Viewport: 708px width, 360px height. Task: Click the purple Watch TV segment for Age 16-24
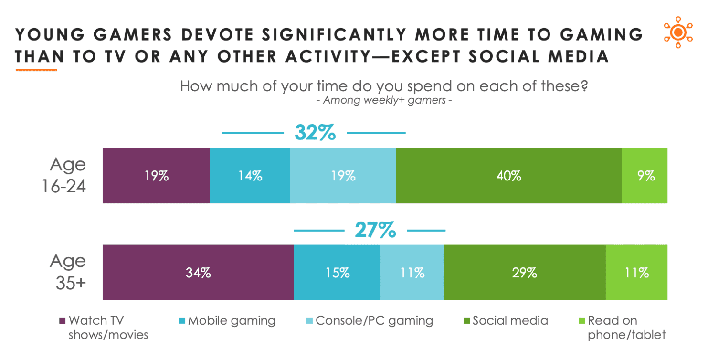(156, 176)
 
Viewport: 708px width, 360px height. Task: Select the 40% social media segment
(508, 176)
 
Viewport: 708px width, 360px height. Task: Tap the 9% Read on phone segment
(645, 176)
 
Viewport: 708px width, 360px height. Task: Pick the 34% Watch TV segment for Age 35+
(198, 273)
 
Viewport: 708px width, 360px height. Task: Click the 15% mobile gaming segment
(337, 273)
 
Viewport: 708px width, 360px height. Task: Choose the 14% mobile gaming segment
(250, 176)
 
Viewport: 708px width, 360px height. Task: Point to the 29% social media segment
(524, 273)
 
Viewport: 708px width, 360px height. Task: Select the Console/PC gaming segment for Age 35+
(412, 273)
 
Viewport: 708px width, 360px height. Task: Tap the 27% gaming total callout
(375, 231)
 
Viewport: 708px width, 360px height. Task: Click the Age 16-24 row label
(68, 175)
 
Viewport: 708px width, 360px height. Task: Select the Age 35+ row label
(68, 272)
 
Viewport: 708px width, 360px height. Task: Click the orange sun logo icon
(677, 33)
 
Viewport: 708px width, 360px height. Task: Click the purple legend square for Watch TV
(62, 321)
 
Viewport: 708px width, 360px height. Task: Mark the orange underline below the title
(36, 70)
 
